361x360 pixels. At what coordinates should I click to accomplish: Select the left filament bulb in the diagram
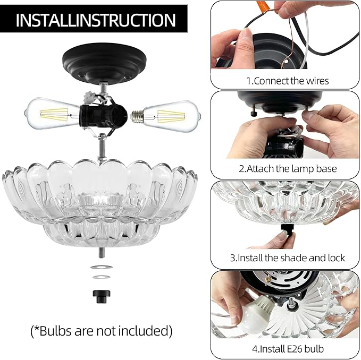click(x=53, y=113)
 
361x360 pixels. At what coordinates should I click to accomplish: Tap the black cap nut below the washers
click(x=102, y=297)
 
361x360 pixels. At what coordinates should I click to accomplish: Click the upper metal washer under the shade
click(x=102, y=267)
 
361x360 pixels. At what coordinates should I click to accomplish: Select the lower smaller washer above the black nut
click(x=102, y=277)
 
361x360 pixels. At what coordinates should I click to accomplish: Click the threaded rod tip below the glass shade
click(x=102, y=252)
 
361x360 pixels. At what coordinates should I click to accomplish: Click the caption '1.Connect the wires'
click(x=287, y=81)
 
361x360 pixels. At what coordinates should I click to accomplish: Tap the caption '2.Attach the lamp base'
click(x=288, y=169)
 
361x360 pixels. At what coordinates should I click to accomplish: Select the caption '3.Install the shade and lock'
click(x=287, y=258)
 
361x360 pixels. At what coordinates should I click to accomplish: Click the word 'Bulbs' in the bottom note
click(x=56, y=331)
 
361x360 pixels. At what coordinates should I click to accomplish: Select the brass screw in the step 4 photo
click(x=268, y=279)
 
